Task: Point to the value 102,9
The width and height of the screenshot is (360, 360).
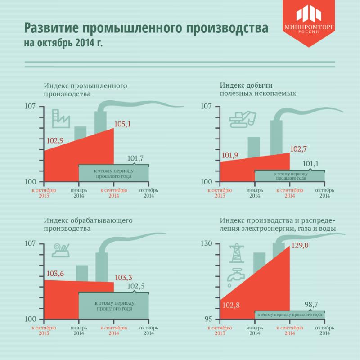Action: [x=55, y=141]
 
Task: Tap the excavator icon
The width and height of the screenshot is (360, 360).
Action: [x=243, y=118]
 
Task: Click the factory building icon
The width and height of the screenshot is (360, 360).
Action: [x=61, y=118]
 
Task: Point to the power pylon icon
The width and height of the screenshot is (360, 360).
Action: [x=235, y=253]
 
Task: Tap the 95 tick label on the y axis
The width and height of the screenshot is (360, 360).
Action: [x=209, y=319]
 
